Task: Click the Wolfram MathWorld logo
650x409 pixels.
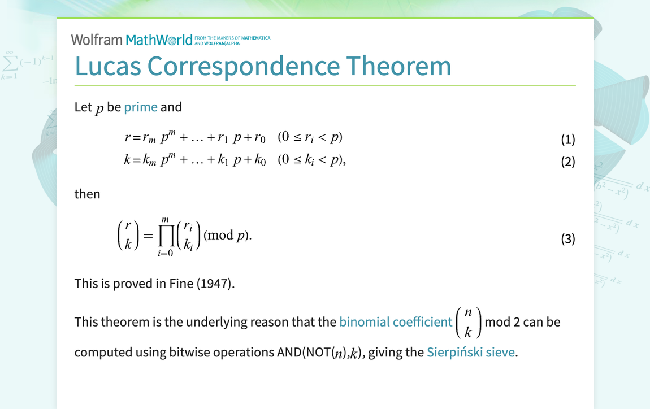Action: (132, 40)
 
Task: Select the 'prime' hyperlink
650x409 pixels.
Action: (141, 107)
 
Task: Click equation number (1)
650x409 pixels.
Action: (567, 140)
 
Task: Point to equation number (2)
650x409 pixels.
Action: (567, 162)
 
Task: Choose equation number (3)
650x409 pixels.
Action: (567, 239)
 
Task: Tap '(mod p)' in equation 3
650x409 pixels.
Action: (227, 236)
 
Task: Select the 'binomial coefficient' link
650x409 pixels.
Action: (396, 322)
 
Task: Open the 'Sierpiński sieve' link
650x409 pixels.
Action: (471, 353)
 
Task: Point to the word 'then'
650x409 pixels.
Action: (87, 194)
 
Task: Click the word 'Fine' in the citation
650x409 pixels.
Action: (181, 284)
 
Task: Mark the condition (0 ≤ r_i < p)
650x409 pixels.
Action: (310, 137)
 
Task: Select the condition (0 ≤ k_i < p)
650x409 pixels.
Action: (311, 160)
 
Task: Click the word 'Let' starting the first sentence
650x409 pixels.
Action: (83, 107)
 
